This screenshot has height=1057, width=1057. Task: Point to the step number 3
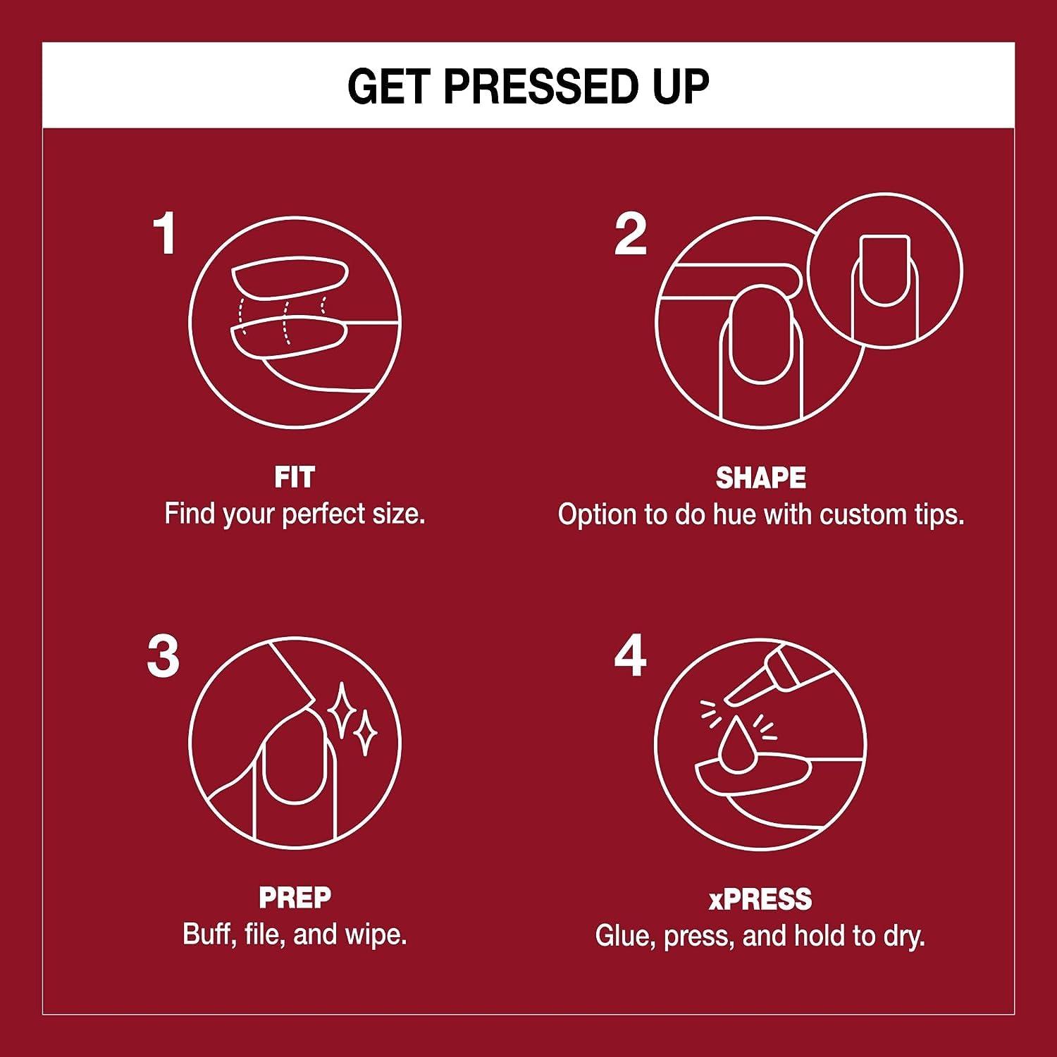(x=163, y=657)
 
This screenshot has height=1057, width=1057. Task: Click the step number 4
(x=630, y=657)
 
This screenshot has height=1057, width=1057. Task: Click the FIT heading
(x=295, y=478)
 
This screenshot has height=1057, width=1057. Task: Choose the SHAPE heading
(x=761, y=478)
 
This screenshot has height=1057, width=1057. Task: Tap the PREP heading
(x=295, y=898)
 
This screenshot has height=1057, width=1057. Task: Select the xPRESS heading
(x=760, y=899)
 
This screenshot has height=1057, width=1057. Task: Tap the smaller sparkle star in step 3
(x=365, y=734)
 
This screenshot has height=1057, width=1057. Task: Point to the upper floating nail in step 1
(x=290, y=278)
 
